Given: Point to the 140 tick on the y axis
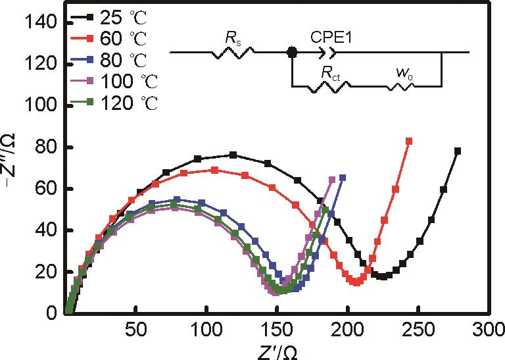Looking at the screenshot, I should (43, 23).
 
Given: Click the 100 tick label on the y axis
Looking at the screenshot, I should (43, 106).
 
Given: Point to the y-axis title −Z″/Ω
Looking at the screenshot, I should (11, 165).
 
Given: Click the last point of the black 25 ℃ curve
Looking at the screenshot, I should (458, 151).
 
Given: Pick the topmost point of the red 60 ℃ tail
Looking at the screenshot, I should (409, 141).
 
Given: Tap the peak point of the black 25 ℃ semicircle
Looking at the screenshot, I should (233, 155).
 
